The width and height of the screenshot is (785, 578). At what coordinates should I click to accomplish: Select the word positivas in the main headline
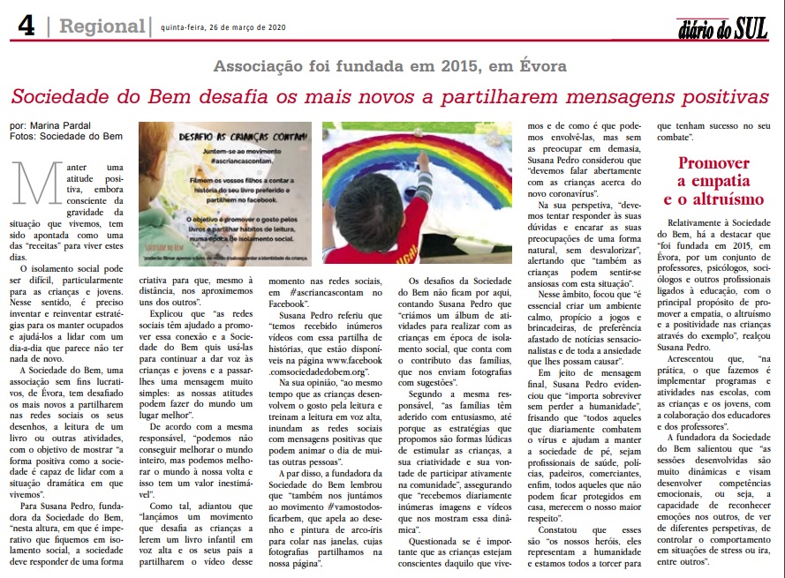[709, 96]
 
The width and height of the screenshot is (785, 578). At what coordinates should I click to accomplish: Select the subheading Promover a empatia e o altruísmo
[713, 181]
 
